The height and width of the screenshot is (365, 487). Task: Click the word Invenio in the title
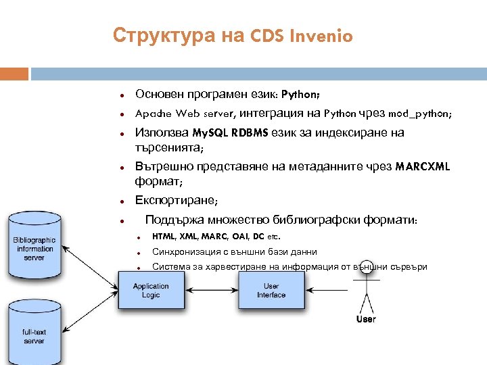pos(321,36)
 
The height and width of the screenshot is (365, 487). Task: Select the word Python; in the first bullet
pos(301,94)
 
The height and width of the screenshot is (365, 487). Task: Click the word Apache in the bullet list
pos(154,114)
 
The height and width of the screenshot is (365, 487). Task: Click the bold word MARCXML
pos(423,166)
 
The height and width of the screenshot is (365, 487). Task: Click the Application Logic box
pos(151,291)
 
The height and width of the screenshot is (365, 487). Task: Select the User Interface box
pos(271,291)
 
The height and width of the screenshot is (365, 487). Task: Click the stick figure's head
pos(367,268)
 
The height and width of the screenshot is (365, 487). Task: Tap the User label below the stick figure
pos(366,319)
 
